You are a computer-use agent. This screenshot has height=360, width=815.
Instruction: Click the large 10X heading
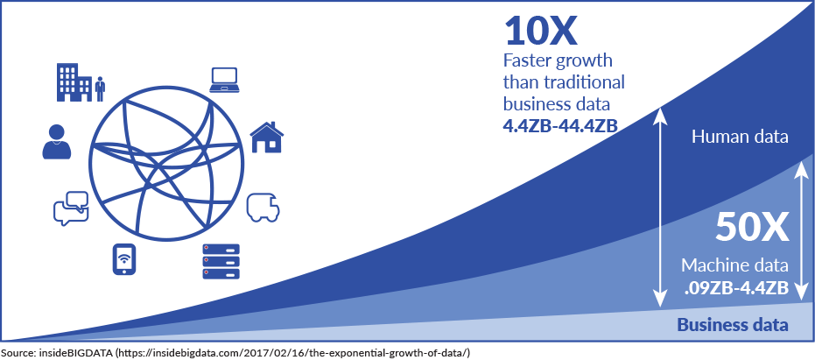tap(541, 32)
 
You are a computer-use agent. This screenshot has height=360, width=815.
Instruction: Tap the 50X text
tap(752, 228)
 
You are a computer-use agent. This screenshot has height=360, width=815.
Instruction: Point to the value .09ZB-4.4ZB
tap(736, 287)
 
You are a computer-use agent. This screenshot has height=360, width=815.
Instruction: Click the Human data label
tap(741, 137)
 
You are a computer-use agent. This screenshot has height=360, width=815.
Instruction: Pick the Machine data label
tap(735, 265)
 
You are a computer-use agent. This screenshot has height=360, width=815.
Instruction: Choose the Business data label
tap(733, 325)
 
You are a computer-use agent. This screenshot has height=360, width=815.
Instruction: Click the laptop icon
tap(224, 80)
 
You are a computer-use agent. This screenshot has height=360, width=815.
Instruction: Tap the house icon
tap(267, 137)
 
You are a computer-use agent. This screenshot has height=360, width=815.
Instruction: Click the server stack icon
tap(221, 261)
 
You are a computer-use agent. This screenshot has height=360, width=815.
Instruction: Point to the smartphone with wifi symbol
tap(124, 259)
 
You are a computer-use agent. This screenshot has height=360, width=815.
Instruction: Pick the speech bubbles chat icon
tap(71, 208)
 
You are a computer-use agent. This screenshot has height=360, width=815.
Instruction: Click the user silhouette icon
tap(56, 142)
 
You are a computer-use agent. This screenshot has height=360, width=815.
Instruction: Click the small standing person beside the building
tap(101, 89)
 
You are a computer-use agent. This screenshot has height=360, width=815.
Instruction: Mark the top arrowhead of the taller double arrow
tap(660, 111)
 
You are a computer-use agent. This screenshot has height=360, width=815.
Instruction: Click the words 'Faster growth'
tap(558, 60)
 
